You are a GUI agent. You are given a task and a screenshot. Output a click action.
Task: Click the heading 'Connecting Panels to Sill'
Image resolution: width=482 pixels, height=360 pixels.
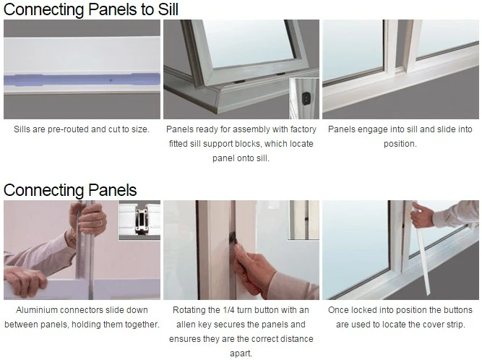coord(90,9)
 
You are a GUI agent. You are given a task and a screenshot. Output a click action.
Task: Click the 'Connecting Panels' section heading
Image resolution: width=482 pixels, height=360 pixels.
coord(70,190)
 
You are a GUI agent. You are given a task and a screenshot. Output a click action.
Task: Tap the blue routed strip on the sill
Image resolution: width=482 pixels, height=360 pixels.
coord(82,80)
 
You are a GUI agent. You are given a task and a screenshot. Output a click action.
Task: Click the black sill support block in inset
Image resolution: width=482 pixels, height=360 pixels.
coord(305,98)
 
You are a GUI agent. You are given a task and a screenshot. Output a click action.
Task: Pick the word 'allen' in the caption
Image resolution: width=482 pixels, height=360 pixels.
coord(186,325)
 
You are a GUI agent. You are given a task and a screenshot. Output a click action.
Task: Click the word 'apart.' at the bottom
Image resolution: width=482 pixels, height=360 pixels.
coord(241,353)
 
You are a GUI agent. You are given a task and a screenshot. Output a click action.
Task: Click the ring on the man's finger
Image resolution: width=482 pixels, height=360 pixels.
coord(100,223)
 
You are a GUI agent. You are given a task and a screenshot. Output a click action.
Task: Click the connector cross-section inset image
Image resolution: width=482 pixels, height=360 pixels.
coord(139,220)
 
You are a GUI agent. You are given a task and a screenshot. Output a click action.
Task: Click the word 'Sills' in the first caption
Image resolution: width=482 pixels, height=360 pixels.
coord(22,129)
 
